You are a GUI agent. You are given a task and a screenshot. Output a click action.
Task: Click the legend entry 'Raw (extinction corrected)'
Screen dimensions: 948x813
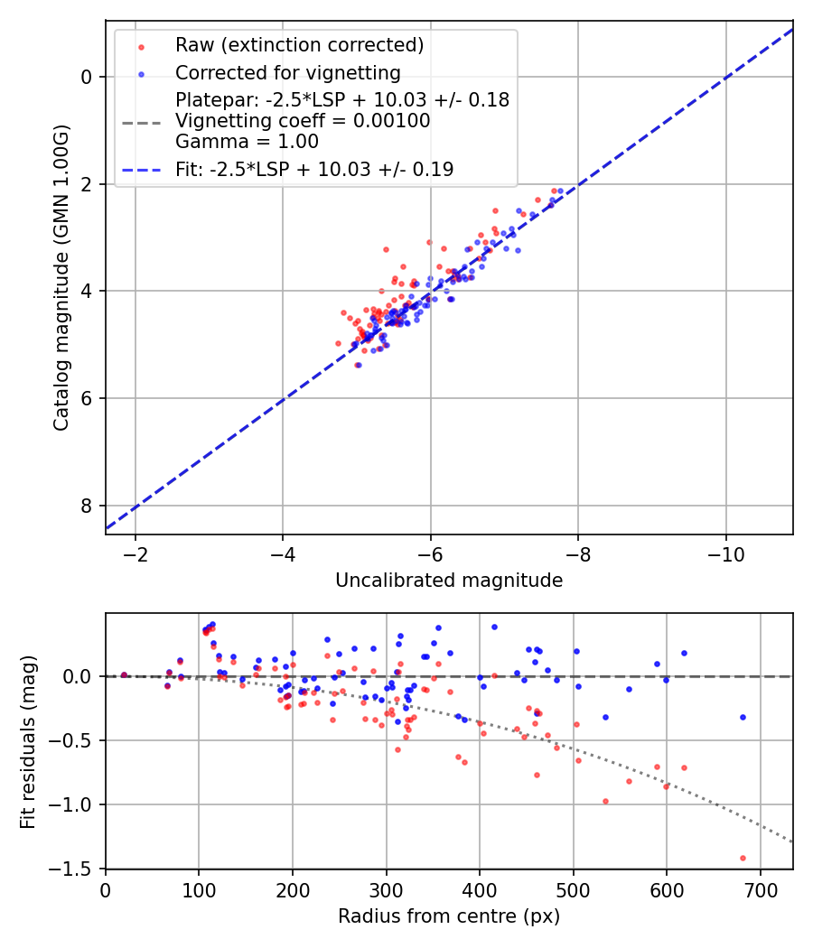[x=299, y=45]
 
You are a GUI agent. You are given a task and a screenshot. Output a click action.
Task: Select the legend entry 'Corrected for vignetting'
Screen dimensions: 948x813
[x=288, y=72]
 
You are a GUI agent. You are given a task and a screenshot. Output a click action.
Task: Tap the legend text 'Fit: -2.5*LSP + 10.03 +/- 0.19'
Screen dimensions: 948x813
[x=314, y=169]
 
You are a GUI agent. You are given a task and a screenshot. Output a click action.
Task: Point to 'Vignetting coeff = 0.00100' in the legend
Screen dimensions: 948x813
[x=303, y=120]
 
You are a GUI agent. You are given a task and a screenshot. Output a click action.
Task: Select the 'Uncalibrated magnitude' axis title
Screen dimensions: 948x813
[x=449, y=581]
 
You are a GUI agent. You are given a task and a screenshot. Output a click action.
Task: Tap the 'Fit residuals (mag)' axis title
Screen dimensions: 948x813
[x=28, y=740]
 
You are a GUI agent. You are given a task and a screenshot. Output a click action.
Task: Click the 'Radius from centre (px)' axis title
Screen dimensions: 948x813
[x=449, y=916]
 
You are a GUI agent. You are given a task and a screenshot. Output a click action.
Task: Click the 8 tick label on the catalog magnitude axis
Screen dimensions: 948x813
[x=88, y=506]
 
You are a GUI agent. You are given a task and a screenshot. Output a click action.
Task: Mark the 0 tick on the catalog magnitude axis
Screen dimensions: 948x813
[x=88, y=77]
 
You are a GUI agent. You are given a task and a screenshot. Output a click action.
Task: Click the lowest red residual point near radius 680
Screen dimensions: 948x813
[x=743, y=858]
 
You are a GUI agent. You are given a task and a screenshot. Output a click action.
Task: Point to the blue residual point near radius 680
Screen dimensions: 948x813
[x=743, y=717]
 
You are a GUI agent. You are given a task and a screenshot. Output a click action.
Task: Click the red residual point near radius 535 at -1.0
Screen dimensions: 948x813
[x=605, y=801]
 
